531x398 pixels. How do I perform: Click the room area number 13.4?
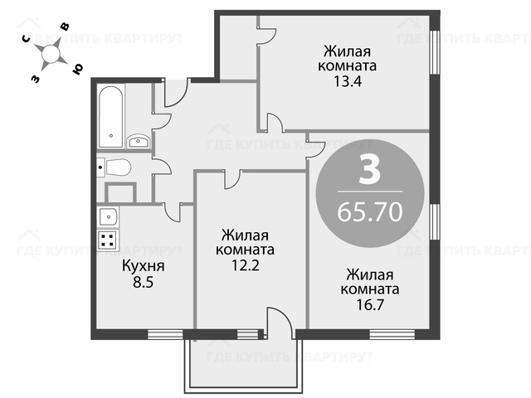[348, 81]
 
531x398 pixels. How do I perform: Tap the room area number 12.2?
[246, 265]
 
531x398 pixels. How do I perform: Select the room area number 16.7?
[370, 305]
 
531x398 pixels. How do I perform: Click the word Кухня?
[144, 266]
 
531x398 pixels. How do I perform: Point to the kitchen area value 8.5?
[144, 282]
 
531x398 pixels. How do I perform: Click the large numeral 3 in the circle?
[369, 170]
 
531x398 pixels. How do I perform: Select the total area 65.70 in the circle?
[370, 212]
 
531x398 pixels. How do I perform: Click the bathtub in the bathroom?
[110, 117]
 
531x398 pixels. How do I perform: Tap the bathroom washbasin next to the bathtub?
[138, 142]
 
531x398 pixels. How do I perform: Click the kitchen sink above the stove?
[108, 216]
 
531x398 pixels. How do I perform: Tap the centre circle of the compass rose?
[51, 53]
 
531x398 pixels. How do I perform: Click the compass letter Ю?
[77, 69]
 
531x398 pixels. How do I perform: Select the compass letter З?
[35, 80]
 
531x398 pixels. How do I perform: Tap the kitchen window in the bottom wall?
[165, 334]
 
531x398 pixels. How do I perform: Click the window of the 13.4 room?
[435, 51]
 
